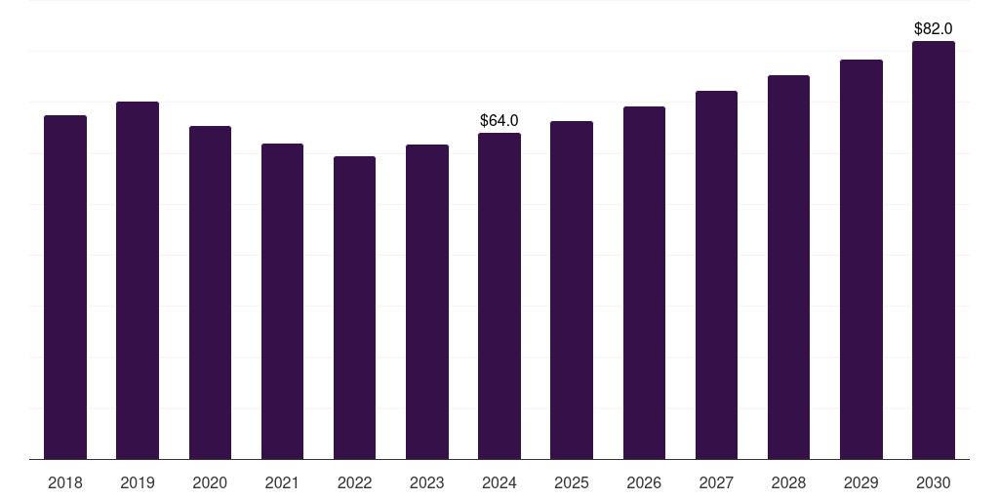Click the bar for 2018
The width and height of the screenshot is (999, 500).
(x=65, y=287)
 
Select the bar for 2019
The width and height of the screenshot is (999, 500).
(x=138, y=280)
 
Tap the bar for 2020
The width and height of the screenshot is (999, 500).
(x=210, y=293)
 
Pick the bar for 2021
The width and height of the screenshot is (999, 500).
(x=282, y=302)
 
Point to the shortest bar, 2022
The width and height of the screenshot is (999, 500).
(x=354, y=308)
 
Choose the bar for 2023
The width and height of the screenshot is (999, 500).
(x=427, y=303)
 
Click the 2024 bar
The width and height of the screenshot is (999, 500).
(x=499, y=296)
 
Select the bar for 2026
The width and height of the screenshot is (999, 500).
(x=644, y=283)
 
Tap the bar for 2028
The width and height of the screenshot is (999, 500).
(x=788, y=268)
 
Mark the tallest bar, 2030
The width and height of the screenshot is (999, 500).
(x=934, y=250)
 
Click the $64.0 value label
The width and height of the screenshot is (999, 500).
(x=499, y=120)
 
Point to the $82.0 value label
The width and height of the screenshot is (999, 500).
(x=934, y=28)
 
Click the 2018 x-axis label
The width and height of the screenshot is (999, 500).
(x=65, y=482)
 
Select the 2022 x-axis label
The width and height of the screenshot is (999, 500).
(x=354, y=482)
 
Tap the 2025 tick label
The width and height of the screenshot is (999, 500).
(x=572, y=482)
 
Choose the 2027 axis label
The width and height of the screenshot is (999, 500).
(x=716, y=482)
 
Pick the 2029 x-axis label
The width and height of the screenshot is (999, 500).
(x=860, y=482)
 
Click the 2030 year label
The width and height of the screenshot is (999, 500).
(x=934, y=482)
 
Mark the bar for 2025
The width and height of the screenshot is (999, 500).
(x=572, y=290)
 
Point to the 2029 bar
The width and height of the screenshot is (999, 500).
(x=861, y=260)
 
